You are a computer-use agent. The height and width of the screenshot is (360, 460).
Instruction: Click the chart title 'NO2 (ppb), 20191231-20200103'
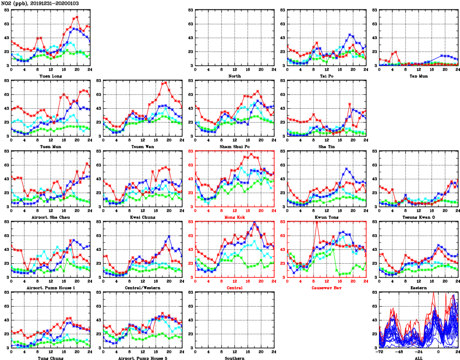(x=40, y=3)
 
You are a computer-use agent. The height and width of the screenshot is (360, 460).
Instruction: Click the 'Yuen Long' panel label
(x=50, y=76)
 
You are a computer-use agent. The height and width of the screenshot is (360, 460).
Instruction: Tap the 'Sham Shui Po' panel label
(x=234, y=146)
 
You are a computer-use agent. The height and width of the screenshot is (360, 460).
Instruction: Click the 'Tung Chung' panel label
(x=50, y=358)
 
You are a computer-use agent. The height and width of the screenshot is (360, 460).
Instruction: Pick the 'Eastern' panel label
(x=419, y=288)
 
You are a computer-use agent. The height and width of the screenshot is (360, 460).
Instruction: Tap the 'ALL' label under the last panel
(x=419, y=358)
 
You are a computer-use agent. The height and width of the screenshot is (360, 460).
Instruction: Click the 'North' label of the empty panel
(x=234, y=76)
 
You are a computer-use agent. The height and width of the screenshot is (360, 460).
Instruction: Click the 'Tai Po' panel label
(x=327, y=76)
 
